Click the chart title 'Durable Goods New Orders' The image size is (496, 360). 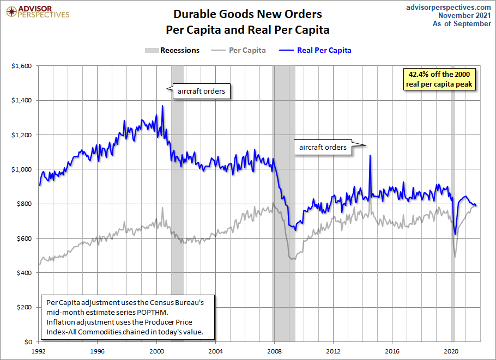click(x=247, y=14)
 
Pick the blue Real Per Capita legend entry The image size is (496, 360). click(x=317, y=50)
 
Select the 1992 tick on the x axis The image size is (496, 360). click(x=39, y=351)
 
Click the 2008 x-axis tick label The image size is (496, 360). click(x=275, y=351)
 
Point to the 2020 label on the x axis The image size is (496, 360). click(x=451, y=351)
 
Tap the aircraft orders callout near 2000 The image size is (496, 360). click(x=201, y=91)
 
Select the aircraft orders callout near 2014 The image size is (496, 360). click(x=323, y=147)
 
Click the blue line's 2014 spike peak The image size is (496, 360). click(x=370, y=155)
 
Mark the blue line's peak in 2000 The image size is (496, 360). click(x=162, y=106)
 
